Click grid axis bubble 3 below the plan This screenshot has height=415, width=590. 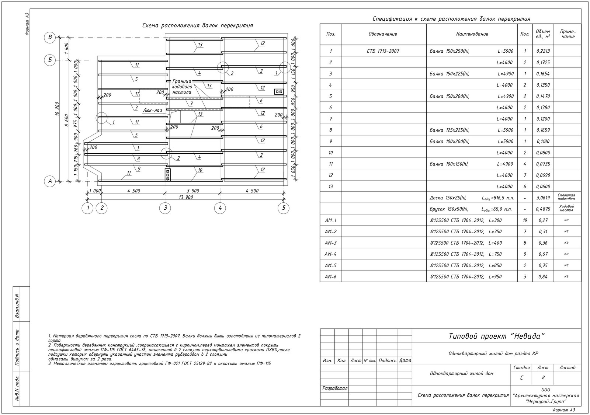pyautogui.click(x=165, y=208)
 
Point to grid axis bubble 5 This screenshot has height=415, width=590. pyautogui.click(x=283, y=208)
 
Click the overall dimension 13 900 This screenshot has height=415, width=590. pyautogui.click(x=185, y=198)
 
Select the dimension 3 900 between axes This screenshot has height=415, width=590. pyautogui.click(x=193, y=191)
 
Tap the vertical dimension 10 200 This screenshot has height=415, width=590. pyautogui.click(x=57, y=109)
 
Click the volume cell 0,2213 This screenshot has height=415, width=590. pyautogui.click(x=542, y=51)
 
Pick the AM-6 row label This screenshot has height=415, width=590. pyautogui.click(x=330, y=277)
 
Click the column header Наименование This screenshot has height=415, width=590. pyautogui.click(x=472, y=34)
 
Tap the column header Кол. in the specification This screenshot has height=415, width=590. pyautogui.click(x=525, y=34)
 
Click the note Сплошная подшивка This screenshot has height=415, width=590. pyautogui.click(x=567, y=197)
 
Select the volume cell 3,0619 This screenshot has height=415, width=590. pyautogui.click(x=542, y=198)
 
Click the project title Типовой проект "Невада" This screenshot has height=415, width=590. pyautogui.click(x=496, y=336)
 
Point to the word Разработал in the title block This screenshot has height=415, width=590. pyautogui.click(x=335, y=388)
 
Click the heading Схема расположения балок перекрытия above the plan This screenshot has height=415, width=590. pyautogui.click(x=198, y=26)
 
